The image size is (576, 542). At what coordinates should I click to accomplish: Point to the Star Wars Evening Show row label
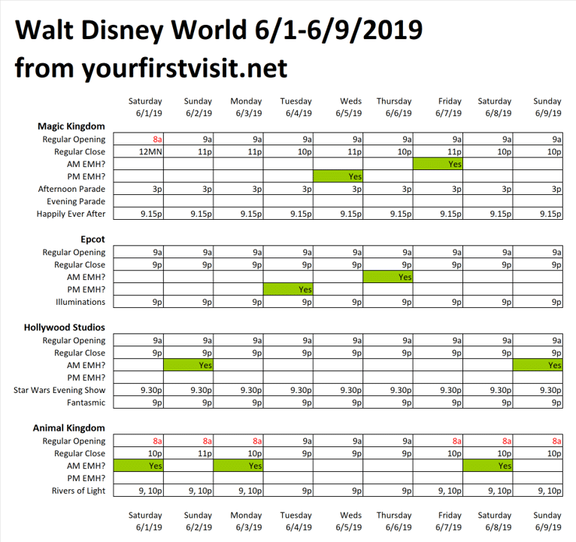point(59,390)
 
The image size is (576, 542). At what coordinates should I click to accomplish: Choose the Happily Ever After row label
point(71,214)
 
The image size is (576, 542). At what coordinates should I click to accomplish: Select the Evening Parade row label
point(76,202)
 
